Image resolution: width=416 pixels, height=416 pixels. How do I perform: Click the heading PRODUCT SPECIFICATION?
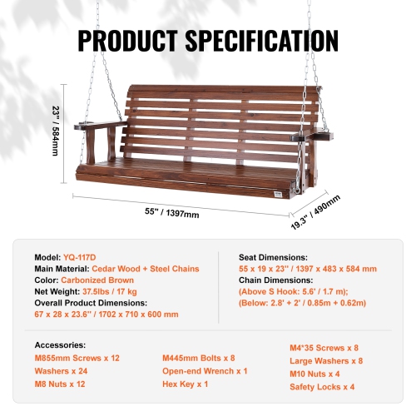[207, 40]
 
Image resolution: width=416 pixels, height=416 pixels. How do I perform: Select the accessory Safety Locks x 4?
[322, 386]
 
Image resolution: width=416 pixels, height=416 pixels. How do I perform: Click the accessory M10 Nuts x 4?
[315, 374]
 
